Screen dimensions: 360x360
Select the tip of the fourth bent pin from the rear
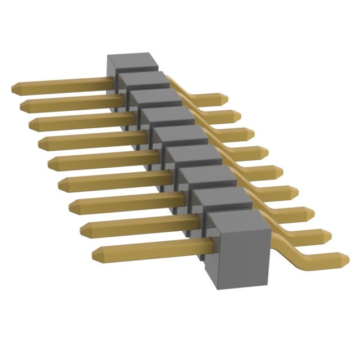(265, 152)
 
